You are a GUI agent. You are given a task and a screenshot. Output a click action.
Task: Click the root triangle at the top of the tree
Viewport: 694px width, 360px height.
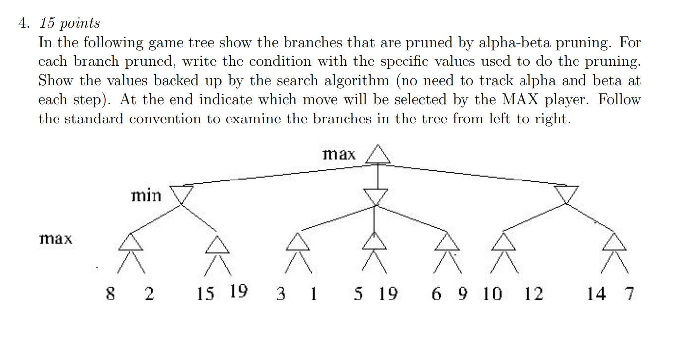378,155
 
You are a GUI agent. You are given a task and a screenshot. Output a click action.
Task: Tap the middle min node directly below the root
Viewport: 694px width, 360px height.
378,196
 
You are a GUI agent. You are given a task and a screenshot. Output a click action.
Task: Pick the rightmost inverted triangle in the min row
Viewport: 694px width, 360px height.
566,194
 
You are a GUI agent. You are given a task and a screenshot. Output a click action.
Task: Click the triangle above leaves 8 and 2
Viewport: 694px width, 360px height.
131,242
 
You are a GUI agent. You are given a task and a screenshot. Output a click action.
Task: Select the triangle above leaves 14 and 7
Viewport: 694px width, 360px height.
615,242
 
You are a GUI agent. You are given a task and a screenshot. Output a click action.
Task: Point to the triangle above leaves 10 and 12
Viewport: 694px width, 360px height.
504,242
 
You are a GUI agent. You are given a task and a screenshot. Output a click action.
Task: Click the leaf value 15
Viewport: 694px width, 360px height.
205,294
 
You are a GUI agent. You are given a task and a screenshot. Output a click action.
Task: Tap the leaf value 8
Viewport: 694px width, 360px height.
111,294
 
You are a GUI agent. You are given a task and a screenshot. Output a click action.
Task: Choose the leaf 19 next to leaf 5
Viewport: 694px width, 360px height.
388,294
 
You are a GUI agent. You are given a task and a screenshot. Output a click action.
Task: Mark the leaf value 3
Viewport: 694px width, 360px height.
280,294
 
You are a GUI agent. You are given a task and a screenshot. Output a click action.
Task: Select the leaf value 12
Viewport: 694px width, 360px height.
534,294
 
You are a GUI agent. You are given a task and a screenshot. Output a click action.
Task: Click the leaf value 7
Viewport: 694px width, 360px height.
629,294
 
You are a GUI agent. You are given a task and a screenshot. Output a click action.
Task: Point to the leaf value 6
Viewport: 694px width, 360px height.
436,294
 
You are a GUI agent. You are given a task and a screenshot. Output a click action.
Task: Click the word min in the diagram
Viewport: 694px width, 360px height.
146,196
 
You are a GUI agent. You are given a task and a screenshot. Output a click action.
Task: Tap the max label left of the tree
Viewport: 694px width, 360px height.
56,239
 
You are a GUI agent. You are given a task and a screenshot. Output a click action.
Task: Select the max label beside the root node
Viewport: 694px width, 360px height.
339,154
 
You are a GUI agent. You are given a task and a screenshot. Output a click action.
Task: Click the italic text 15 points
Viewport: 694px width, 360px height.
70,23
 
